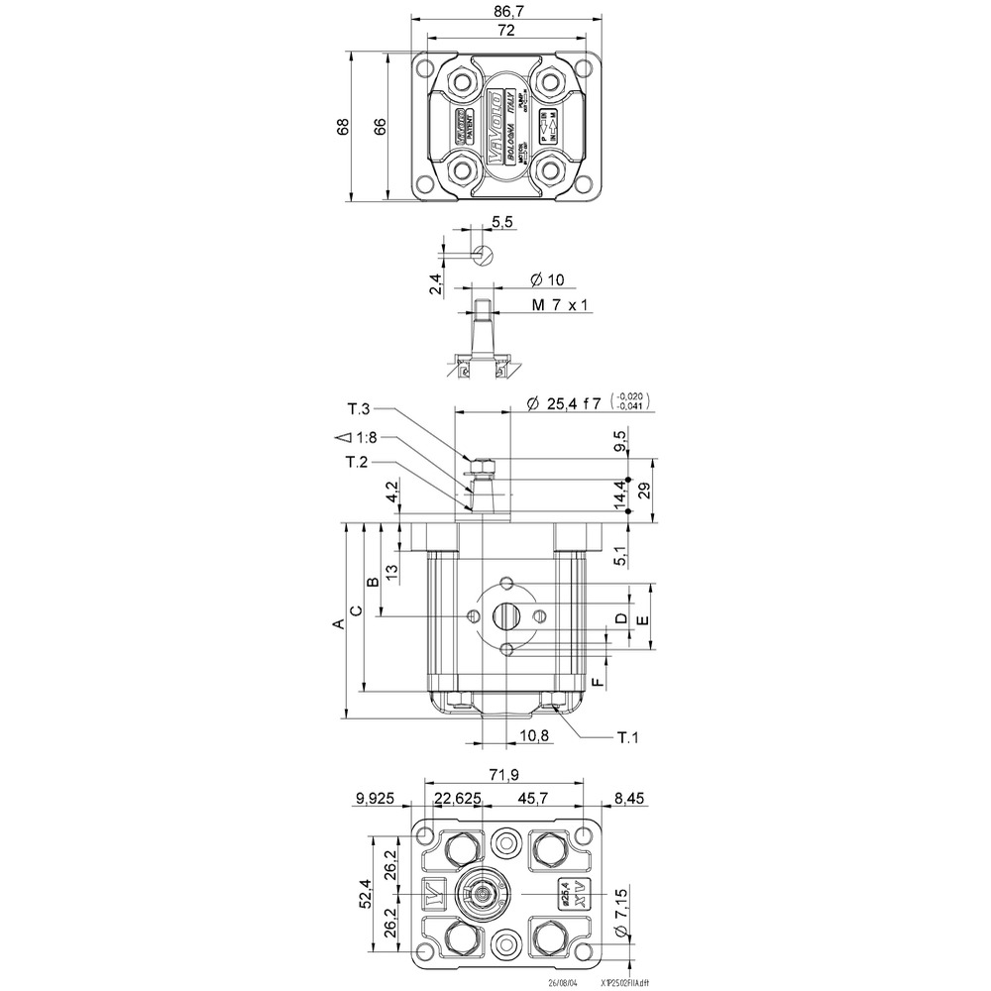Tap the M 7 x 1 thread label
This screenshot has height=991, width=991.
click(561, 305)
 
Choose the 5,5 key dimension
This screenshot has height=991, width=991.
click(501, 223)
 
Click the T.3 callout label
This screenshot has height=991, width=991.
click(358, 409)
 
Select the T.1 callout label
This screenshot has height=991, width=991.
click(627, 737)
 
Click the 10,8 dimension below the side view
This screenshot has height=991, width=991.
click(534, 735)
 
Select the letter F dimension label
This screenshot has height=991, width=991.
click(597, 684)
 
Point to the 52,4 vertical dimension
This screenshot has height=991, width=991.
click(366, 894)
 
